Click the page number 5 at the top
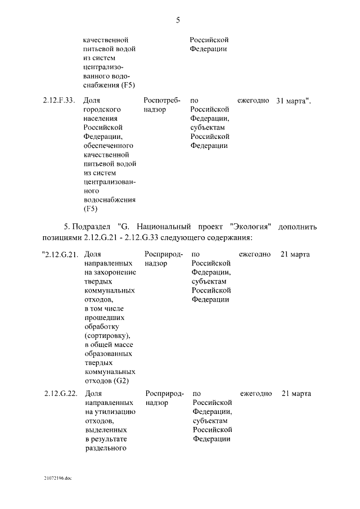click(x=178, y=20)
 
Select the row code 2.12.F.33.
click(x=58, y=101)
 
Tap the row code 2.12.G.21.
click(x=60, y=255)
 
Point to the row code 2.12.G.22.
click(x=60, y=394)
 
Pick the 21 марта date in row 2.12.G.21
click(x=295, y=255)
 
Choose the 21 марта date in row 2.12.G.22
click(x=296, y=394)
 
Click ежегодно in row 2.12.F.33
click(x=253, y=101)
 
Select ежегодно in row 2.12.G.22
click(x=256, y=394)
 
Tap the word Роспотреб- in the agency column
click(x=162, y=101)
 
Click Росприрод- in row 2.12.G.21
click(x=164, y=255)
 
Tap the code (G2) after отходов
click(x=121, y=381)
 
